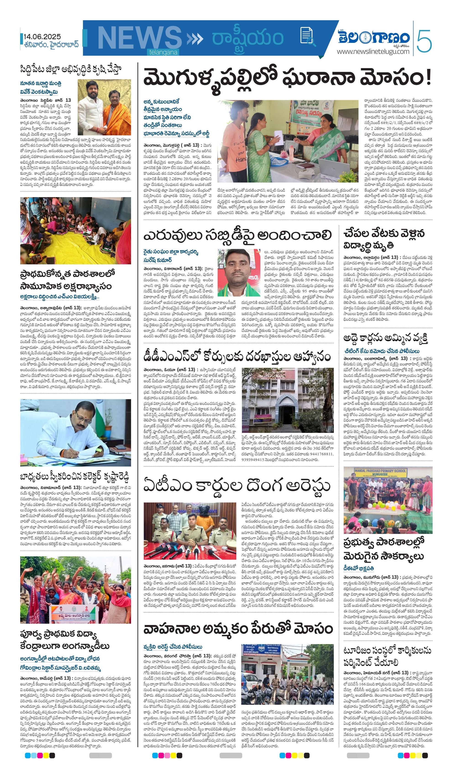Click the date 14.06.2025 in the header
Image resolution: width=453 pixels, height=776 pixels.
42,37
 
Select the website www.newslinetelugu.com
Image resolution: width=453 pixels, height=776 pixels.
373,52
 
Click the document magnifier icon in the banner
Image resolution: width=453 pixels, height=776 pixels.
307,36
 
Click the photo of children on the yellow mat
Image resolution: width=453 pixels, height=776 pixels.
76,231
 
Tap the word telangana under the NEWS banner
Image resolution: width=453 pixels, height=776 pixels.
163,52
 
